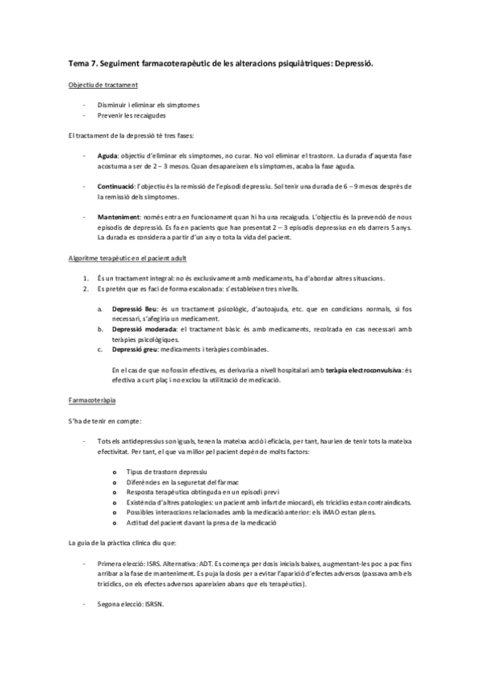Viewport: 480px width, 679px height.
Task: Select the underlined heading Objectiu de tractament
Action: pos(103,85)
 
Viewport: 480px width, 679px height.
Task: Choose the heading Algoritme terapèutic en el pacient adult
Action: pos(128,258)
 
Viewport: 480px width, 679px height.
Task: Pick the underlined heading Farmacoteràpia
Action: pos(93,400)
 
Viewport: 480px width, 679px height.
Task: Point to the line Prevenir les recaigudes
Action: pos(132,115)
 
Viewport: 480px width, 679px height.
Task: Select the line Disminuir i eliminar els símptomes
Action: pos(148,105)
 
